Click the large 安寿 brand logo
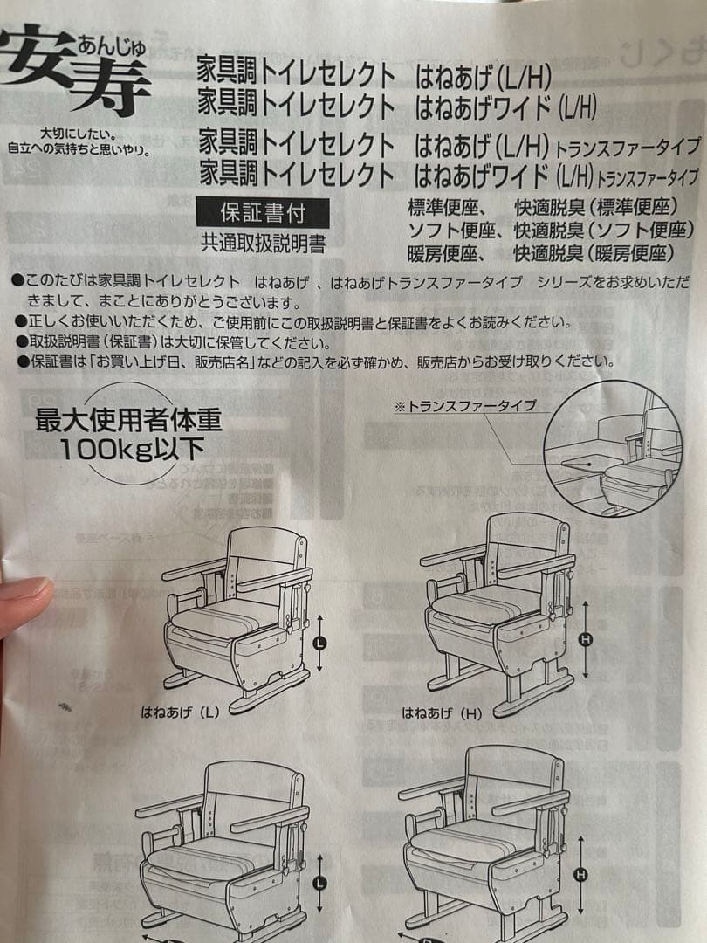coord(74,70)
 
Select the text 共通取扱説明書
coord(262,244)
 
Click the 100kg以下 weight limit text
coord(131,450)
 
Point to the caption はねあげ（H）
coord(442,712)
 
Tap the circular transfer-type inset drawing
coord(612,449)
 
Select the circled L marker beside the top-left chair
coord(320,644)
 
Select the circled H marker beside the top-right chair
coord(585,640)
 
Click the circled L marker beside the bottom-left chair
coord(320,883)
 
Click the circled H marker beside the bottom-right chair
coord(582,874)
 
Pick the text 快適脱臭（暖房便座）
coord(594,253)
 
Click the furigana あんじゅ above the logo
coord(111,42)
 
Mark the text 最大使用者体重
coord(128,421)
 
